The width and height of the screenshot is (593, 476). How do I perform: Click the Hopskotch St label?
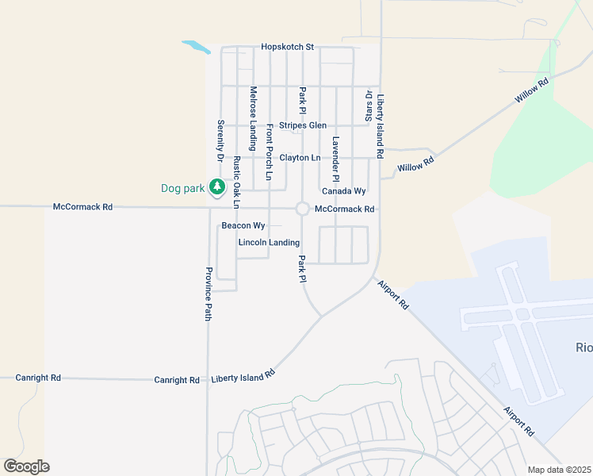tap(287, 48)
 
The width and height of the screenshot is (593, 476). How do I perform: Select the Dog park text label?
tap(183, 188)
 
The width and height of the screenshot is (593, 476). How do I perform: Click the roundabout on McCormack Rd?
tap(302, 209)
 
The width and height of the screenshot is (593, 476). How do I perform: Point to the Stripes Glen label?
tap(302, 125)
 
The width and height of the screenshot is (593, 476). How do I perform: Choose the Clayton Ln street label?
tap(300, 158)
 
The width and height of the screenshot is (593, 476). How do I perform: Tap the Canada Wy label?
tap(343, 191)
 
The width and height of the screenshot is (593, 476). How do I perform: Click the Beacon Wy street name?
tap(243, 226)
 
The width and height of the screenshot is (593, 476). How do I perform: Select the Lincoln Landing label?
tap(269, 242)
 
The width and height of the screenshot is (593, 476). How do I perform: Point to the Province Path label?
tap(209, 294)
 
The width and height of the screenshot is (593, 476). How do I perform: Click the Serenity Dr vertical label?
tap(220, 141)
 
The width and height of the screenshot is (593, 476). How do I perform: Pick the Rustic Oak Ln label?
tap(236, 182)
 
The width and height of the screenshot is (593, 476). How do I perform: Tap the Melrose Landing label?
tap(253, 118)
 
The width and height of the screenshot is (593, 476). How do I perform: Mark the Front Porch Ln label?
tap(270, 152)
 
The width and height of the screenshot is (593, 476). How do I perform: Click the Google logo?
tap(26, 466)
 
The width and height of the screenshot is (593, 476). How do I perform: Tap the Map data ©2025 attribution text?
tap(558, 470)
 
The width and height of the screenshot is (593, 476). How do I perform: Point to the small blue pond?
tap(196, 47)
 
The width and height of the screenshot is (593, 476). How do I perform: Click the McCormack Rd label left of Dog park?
tap(82, 206)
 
